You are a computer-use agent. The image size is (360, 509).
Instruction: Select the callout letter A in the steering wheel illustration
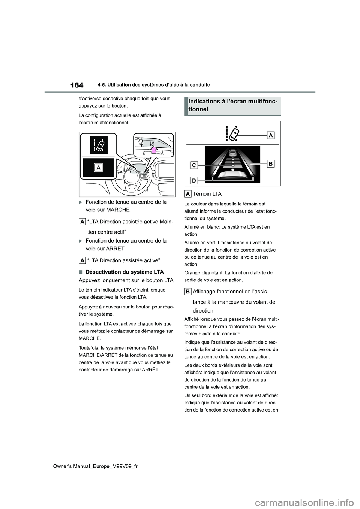point(99,168)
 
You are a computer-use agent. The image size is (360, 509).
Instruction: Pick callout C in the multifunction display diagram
point(193,165)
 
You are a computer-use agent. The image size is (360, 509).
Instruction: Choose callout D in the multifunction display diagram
point(193,181)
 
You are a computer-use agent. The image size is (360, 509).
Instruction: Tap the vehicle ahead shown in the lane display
point(232,153)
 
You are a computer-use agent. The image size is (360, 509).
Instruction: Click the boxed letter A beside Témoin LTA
point(187,194)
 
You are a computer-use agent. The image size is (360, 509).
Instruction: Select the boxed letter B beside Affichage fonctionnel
point(187,291)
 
